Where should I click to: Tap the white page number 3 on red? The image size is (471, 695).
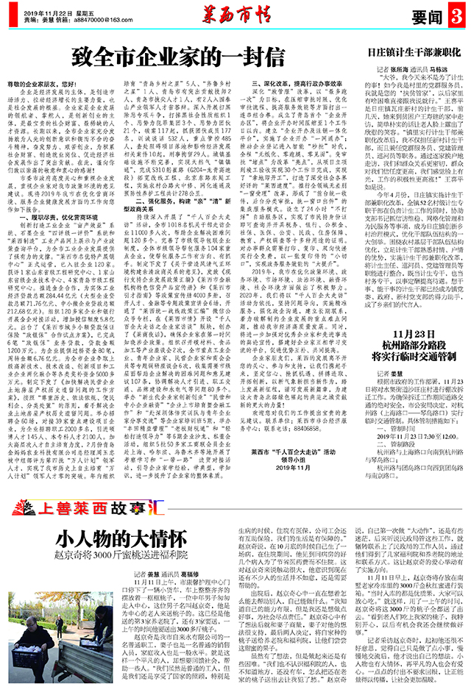tap(457, 15)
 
